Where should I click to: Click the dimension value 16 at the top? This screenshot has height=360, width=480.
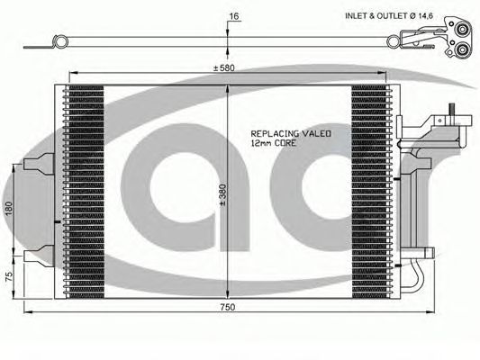click(x=234, y=16)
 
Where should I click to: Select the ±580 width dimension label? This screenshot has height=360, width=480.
click(x=224, y=67)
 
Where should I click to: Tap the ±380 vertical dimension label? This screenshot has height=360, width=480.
click(x=222, y=194)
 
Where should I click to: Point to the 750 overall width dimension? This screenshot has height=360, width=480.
click(x=228, y=307)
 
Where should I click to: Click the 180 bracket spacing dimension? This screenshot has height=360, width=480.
click(x=9, y=208)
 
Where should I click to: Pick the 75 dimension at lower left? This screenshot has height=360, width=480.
click(x=9, y=276)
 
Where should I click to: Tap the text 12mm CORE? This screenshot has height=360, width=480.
click(x=274, y=143)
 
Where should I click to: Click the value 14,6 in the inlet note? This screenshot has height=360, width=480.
click(x=424, y=16)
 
